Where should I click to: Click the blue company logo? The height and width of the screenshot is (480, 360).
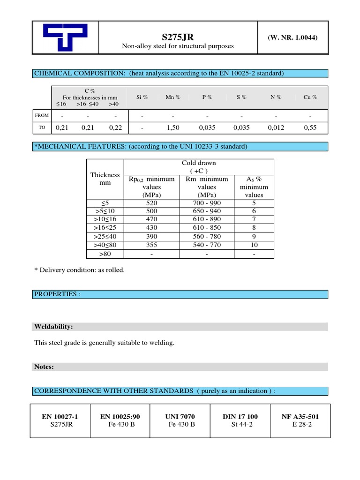point(65,37)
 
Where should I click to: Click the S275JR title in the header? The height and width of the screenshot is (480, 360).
point(178,36)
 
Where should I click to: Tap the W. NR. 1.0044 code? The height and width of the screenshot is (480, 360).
point(292,37)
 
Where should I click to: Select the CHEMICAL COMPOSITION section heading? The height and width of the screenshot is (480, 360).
point(159,74)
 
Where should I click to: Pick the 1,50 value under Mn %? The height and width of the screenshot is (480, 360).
point(173,127)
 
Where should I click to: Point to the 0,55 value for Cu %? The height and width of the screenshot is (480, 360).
point(310,127)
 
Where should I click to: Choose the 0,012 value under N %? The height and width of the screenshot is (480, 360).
point(276,127)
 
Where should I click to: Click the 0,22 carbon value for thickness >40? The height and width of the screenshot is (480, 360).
point(115,127)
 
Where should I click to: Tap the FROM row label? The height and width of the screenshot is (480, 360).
point(42,115)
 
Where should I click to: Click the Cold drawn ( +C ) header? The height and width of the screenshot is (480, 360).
point(199,166)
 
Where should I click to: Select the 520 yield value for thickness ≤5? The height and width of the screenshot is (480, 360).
point(151,203)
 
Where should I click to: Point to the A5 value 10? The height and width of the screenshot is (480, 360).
point(254,245)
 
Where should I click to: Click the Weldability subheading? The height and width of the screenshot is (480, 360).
point(53,326)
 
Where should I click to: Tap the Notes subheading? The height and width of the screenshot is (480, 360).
point(44,367)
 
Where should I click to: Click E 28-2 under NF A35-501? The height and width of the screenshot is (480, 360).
point(300,424)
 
